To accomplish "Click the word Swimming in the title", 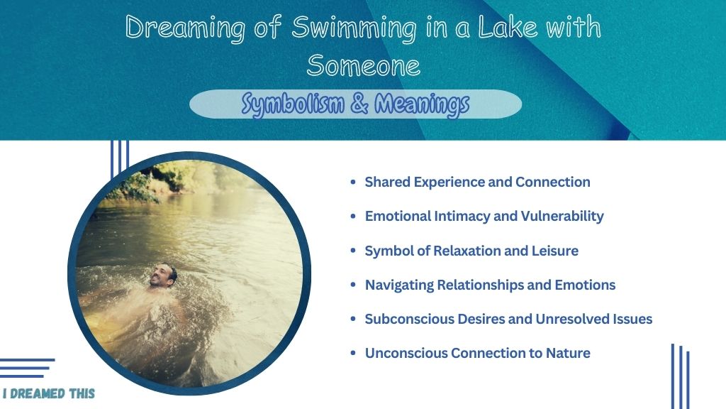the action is pos(354,28).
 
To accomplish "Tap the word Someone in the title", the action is pos(364,65).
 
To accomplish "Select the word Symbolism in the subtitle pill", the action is pos(293,104).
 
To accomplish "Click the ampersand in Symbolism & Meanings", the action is pos(359,103).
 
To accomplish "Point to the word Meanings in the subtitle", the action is pos(422,104).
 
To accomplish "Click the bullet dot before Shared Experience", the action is pos(353,182).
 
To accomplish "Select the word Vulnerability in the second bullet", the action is pos(562,217).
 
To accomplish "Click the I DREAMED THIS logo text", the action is pos(49,393).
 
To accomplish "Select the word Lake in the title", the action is pos(508,27).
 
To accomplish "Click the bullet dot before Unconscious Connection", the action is pos(353,353).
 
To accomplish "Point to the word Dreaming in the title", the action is pos(185,28).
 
